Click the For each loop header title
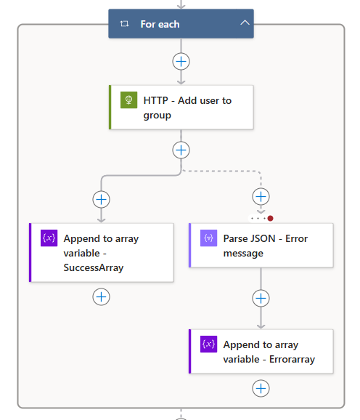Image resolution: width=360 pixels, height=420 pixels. (160, 24)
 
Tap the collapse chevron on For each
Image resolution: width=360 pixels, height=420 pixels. (245, 23)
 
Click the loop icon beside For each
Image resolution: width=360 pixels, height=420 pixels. (124, 24)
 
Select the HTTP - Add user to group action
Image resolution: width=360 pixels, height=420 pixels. (181, 107)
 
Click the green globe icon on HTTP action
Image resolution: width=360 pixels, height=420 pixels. (128, 100)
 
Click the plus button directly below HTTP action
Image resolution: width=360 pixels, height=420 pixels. (181, 150)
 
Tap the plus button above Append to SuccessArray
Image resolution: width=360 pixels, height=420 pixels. (101, 200)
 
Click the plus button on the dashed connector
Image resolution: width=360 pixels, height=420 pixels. (261, 197)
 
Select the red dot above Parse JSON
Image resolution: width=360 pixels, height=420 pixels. (270, 218)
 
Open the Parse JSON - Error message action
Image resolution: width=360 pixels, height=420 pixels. (261, 246)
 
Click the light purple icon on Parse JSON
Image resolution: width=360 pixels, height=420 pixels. (208, 238)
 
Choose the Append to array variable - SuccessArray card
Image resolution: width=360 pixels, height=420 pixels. (102, 253)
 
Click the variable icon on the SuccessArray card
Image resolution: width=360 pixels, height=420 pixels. (49, 238)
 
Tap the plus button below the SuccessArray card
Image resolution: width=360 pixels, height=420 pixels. (101, 296)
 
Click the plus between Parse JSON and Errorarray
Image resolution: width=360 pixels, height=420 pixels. (261, 299)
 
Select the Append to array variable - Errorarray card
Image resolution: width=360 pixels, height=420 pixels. (261, 352)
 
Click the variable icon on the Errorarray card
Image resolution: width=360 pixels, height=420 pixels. (208, 344)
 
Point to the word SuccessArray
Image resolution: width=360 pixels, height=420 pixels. (94, 267)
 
